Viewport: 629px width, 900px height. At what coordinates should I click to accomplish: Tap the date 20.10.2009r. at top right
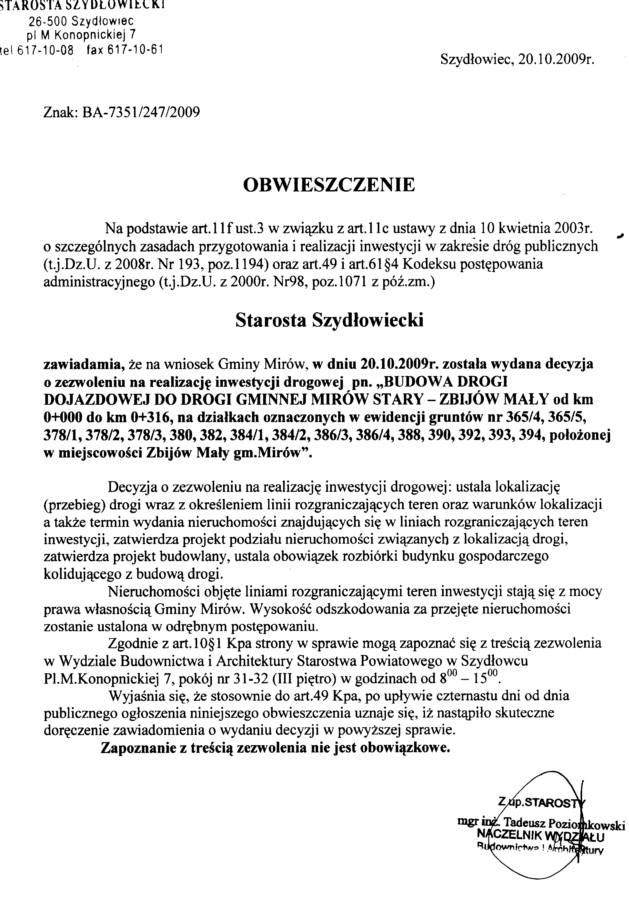[556, 59]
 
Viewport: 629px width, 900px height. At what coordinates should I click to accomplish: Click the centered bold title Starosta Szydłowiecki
[329, 320]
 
